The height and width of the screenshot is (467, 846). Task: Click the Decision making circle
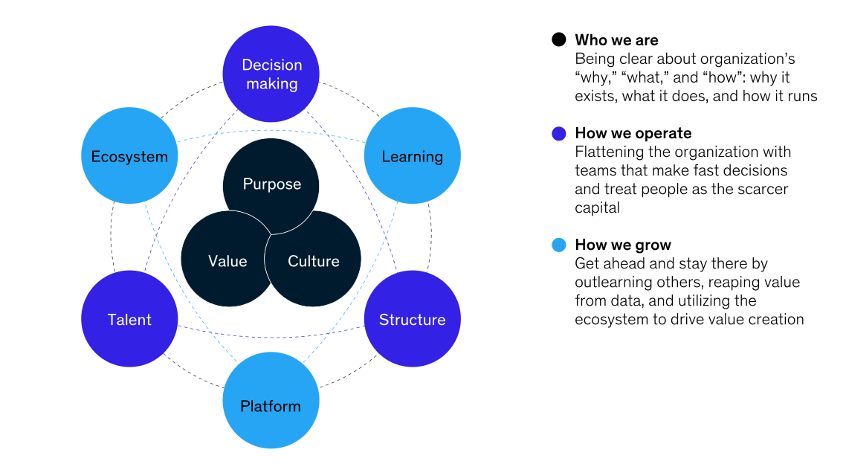click(x=271, y=74)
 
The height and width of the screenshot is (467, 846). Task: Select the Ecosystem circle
click(x=129, y=156)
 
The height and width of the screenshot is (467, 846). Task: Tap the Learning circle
click(x=413, y=156)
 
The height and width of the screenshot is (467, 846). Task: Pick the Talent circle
click(x=129, y=319)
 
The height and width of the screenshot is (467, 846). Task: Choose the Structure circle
click(x=413, y=319)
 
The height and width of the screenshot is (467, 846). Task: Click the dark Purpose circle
click(x=271, y=184)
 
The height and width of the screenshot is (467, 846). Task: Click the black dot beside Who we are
click(x=559, y=40)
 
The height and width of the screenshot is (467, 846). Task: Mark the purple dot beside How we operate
click(x=559, y=134)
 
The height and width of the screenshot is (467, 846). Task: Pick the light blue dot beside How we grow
click(x=559, y=245)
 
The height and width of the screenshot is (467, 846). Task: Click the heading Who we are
click(x=616, y=40)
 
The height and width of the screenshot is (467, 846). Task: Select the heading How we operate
click(x=633, y=134)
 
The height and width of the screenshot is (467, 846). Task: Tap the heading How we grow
click(x=622, y=245)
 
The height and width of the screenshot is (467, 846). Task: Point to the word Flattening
click(x=607, y=152)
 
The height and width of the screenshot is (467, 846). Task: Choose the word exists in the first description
click(x=593, y=96)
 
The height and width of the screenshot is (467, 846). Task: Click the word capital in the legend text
click(x=597, y=208)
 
